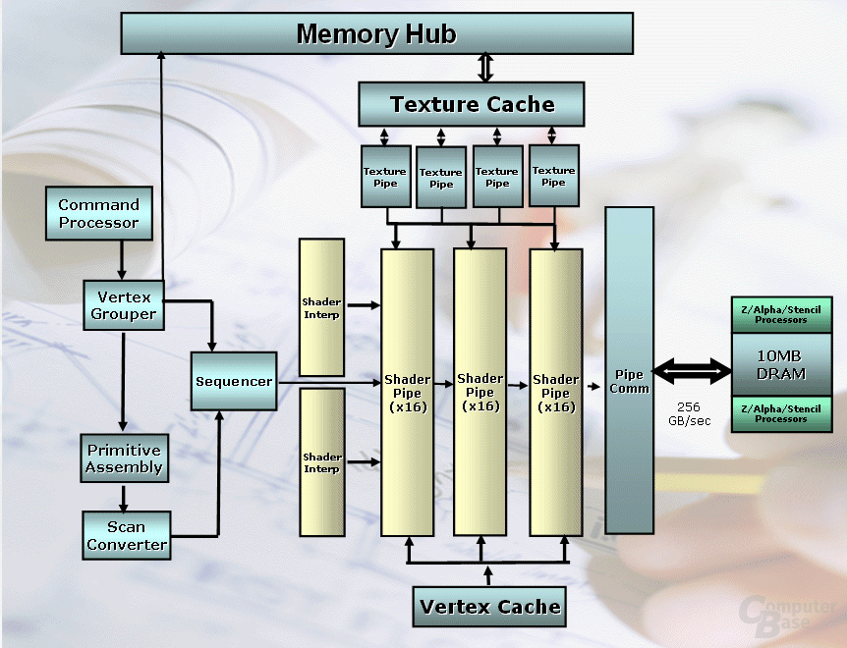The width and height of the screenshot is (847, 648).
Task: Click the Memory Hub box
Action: click(376, 33)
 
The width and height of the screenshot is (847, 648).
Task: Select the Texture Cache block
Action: click(471, 104)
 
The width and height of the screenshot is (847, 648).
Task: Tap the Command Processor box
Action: click(99, 213)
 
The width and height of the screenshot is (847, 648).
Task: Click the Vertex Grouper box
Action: click(124, 304)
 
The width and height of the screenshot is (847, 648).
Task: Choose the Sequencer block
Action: click(233, 382)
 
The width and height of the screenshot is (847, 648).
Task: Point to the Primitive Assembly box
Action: click(124, 459)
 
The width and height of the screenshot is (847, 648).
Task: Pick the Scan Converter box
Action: click(127, 535)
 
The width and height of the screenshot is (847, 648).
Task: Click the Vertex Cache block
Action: click(489, 607)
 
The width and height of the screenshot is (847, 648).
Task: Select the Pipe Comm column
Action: click(629, 370)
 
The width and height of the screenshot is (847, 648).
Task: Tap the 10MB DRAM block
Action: click(781, 364)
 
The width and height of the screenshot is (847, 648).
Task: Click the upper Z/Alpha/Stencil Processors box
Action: click(781, 314)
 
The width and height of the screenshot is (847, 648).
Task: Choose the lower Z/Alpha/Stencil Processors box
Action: click(781, 413)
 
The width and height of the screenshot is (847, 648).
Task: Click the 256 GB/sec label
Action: click(689, 413)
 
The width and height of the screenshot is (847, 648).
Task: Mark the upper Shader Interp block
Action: click(321, 307)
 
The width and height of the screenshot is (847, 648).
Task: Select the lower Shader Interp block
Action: click(322, 462)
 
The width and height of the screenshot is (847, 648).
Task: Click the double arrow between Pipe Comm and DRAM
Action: click(692, 371)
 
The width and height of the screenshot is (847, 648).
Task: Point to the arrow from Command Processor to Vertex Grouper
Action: click(122, 259)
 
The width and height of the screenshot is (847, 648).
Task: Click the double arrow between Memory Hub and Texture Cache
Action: click(485, 68)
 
